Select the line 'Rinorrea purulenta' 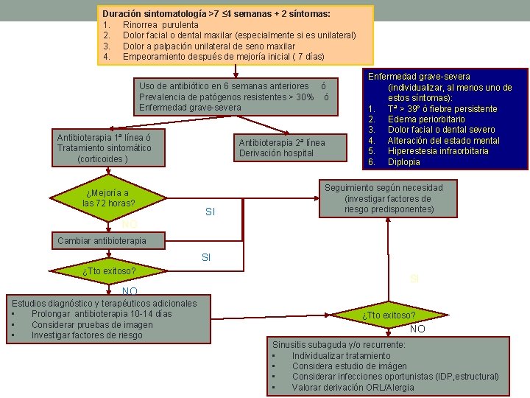click(x=160, y=25)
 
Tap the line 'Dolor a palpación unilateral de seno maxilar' click(x=209, y=46)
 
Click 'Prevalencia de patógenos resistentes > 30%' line click(x=227, y=97)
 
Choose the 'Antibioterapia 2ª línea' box click(x=280, y=147)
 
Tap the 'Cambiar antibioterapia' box click(x=102, y=240)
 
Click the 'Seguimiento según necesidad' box click(x=393, y=199)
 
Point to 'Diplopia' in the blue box click(x=404, y=162)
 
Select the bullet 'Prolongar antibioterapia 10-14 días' click(x=102, y=314)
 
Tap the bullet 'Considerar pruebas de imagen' click(x=92, y=325)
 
